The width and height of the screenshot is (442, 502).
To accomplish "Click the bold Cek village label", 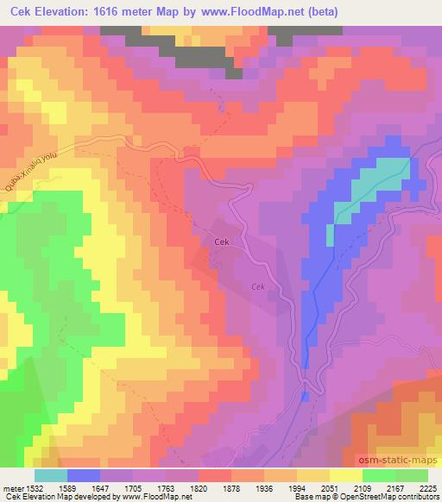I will point(220,242).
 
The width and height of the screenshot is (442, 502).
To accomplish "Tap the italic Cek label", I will point(257,287).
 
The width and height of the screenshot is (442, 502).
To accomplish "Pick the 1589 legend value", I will point(84,487).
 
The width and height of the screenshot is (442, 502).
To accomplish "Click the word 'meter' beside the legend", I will point(12,487).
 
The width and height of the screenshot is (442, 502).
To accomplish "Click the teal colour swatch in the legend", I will point(51,475).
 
